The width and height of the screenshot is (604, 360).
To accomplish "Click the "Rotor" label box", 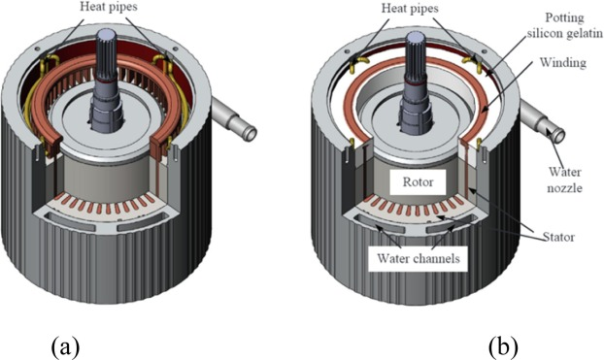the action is coord(418,181).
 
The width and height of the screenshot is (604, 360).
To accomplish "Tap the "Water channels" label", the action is coord(419,258).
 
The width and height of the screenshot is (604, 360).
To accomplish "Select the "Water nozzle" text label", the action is coord(565,180).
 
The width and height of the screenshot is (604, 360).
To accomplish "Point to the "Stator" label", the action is coord(558,237).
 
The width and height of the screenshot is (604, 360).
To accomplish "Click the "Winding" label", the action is coord(563,62).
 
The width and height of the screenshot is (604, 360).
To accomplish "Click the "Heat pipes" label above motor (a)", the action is coord(108,7).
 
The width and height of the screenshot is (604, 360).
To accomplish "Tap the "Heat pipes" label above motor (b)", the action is coord(410,8).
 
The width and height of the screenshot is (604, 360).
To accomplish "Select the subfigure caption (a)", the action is coord(65,347).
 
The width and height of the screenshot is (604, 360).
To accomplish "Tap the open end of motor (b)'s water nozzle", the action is coord(558,136).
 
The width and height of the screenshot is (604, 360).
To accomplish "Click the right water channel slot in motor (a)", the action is coord(142,222).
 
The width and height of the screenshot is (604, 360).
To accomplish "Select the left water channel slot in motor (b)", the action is coord(381,223).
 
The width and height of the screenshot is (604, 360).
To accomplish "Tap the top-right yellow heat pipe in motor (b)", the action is coord(472,61).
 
